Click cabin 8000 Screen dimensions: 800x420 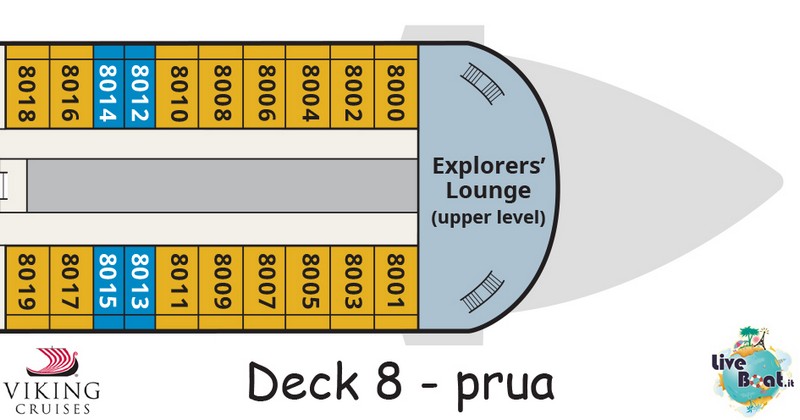point(396,87)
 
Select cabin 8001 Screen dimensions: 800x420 point(396,287)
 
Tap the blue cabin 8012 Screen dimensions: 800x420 point(140,87)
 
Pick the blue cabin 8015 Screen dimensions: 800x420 point(109,287)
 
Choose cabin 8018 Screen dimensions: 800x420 point(27,87)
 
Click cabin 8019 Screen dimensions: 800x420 point(27,287)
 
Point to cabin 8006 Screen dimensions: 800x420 point(265,87)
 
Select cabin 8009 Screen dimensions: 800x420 point(221,287)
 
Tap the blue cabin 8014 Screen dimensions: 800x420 point(109,87)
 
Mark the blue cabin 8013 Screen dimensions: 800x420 point(140,287)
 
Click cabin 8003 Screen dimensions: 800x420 point(353,287)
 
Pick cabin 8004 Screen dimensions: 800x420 point(308,87)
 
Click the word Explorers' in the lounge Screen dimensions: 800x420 point(489,166)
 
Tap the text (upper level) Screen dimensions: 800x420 point(488,217)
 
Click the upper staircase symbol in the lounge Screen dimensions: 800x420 point(483,84)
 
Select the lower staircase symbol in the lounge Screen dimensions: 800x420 point(482,292)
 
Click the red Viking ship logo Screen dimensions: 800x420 point(53,362)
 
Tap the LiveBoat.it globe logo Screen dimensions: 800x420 point(754,371)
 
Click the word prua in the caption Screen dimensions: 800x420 point(505,384)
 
